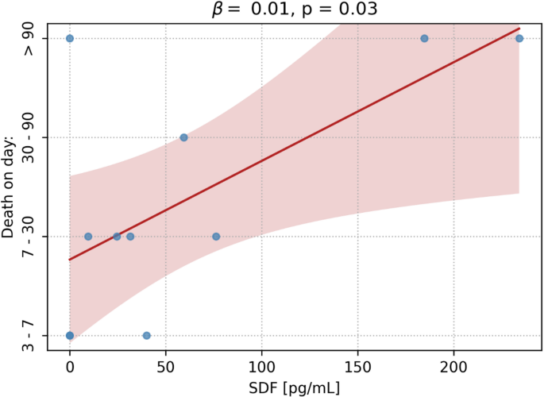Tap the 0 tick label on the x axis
[70, 368]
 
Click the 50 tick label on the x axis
[165, 368]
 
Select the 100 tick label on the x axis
[261, 368]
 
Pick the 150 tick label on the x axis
[357, 368]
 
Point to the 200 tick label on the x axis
[453, 368]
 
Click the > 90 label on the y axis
[29, 39]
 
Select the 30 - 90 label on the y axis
[29, 137]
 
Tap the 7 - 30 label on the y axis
[29, 237]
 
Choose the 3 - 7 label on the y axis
[29, 335]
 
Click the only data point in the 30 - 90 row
[183, 137]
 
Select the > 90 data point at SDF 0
[70, 38]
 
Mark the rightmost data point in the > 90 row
[519, 38]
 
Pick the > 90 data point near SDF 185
[424, 38]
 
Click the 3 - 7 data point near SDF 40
[147, 335]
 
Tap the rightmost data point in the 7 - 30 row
[216, 237]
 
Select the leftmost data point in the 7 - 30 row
[88, 237]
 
